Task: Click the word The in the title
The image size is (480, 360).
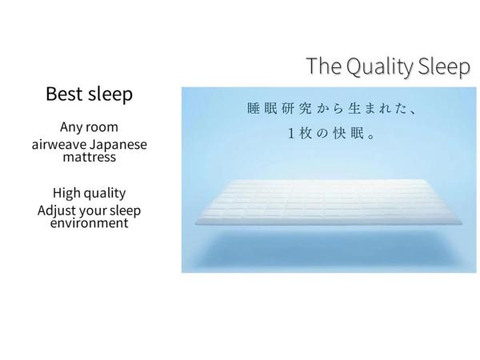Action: point(323,67)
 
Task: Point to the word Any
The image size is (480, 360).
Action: point(72,127)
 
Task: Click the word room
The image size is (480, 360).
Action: point(104,127)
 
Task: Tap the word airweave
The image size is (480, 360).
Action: point(60,145)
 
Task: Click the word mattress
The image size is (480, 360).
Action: point(89,157)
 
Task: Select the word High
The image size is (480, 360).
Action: point(68,193)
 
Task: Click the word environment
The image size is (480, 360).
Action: point(89,223)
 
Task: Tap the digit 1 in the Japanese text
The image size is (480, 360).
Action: point(293,134)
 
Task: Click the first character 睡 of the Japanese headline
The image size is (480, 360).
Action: point(253,107)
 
